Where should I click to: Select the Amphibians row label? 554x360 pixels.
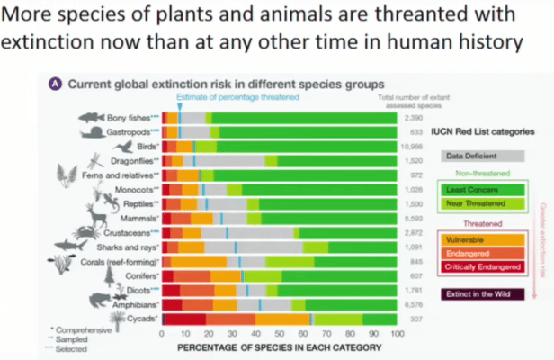click(x=133, y=306)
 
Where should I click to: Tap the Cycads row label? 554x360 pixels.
click(x=140, y=319)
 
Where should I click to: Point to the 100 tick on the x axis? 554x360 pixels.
click(x=397, y=333)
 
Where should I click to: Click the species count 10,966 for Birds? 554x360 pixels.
click(x=411, y=146)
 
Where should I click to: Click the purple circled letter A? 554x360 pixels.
click(x=55, y=83)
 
